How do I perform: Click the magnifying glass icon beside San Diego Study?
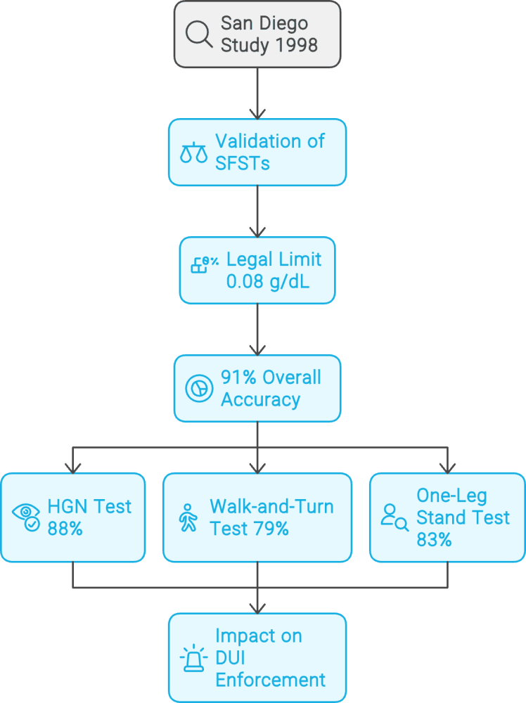200,34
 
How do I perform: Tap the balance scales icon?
194,153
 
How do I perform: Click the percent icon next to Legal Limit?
205,265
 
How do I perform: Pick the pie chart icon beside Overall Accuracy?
199,389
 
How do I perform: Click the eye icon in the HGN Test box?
27,517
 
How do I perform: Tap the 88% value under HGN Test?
65,529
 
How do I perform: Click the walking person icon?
188,517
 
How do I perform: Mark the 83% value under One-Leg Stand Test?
434,540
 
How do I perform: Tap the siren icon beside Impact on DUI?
193,658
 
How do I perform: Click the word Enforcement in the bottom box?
270,680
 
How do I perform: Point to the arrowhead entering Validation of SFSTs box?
257,112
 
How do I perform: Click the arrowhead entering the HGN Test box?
72,467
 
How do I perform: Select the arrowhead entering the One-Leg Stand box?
447,467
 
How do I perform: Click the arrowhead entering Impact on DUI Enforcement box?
257,607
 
